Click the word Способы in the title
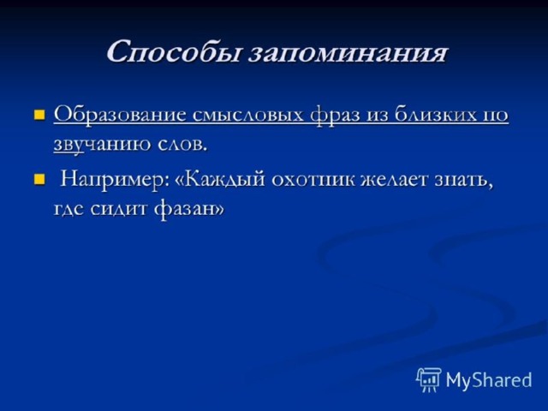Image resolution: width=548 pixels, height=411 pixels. coord(173,51)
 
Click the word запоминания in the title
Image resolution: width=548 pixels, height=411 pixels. coord(348,53)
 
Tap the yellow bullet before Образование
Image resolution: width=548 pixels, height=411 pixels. coord(39,114)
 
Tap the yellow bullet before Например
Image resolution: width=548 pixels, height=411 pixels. coord(39,180)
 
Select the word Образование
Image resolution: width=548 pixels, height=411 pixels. coord(120,114)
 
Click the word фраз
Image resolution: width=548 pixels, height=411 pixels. coord(335,116)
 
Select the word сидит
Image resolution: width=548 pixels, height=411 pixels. coord(119,210)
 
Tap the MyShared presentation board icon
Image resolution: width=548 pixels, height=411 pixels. coord(429,380)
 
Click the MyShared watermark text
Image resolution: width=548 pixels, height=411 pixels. coord(489,379)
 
